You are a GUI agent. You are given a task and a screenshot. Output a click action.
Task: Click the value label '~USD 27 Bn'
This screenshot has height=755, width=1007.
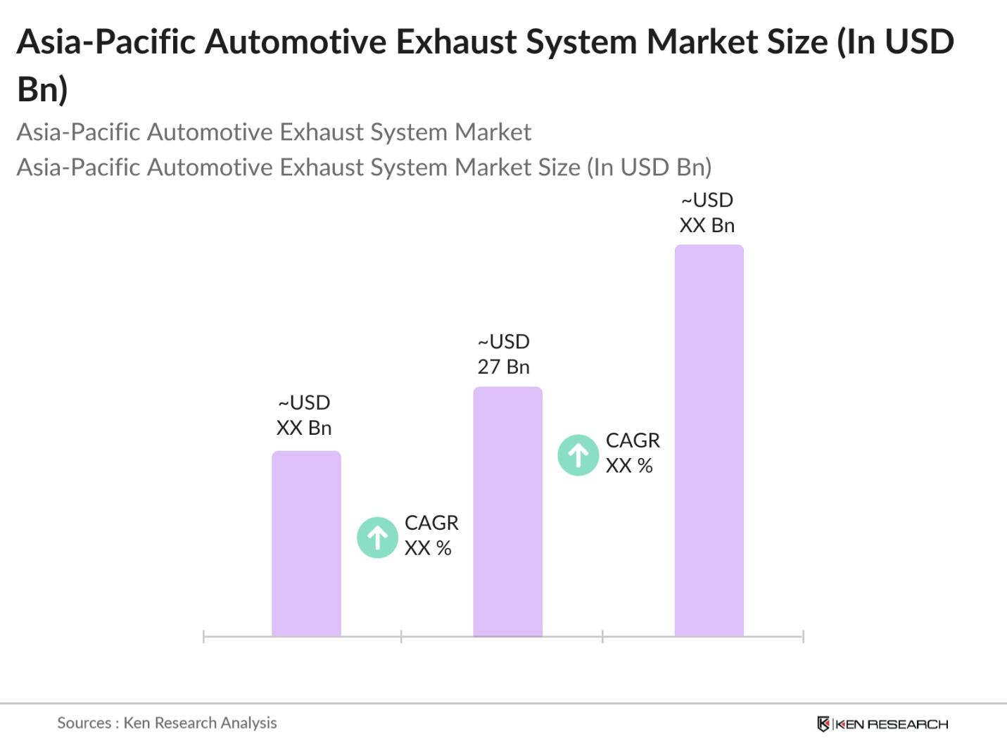503,354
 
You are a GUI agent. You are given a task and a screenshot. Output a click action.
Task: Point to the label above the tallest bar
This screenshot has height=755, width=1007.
707,212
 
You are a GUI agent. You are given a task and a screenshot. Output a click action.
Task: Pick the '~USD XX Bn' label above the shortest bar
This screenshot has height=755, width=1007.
303,415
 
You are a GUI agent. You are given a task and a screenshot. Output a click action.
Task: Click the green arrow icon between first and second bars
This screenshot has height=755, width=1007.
377,538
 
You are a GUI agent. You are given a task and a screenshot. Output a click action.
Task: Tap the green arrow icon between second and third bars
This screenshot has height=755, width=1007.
578,455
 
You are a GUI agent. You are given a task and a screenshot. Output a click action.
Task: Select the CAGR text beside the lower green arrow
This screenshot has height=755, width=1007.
431,535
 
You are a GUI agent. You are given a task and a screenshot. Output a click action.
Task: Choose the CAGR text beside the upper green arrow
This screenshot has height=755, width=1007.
632,453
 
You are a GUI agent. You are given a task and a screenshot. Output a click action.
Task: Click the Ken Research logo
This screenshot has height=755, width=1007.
882,724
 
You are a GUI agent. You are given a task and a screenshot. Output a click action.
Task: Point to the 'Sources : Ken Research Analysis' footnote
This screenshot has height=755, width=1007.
167,723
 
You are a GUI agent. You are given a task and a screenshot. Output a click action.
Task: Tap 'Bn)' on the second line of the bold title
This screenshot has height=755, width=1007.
42,89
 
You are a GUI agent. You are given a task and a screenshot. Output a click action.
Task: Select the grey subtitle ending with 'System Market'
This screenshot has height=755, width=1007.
274,132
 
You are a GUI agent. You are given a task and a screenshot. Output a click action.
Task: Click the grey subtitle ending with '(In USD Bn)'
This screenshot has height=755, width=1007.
364,167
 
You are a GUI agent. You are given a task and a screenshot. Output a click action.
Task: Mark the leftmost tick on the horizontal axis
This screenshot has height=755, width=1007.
203,637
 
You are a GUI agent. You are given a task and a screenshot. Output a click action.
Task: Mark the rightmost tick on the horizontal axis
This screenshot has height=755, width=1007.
803,637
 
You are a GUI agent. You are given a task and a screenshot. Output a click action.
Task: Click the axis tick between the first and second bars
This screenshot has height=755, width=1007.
401,637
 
